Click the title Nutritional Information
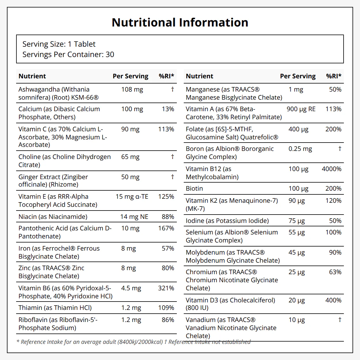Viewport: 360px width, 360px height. click(180, 22)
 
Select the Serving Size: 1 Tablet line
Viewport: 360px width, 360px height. click(59, 44)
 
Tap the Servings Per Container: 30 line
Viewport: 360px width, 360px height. click(68, 54)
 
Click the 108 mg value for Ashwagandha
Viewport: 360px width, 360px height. click(132, 90)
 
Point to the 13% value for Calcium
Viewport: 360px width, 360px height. click(168, 109)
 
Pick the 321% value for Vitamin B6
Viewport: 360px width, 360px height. click(166, 288)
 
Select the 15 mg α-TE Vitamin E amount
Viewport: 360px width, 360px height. click(132, 196)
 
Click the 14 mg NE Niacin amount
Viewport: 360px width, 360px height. click(134, 217)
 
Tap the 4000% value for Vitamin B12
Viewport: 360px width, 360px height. click(331, 169)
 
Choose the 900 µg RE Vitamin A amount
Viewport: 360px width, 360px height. click(301, 109)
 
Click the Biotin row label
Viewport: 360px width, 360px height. click(194, 189)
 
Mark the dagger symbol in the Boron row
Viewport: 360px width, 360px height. click(340, 149)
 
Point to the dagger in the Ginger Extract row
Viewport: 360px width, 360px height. click(173, 177)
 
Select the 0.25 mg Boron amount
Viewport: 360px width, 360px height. click(300, 149)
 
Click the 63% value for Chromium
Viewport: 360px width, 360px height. click(335, 272)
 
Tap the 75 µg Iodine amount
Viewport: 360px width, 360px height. click(297, 221)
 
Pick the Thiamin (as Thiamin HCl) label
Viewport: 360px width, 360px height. click(55, 308)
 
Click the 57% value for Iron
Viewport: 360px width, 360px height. click(168, 249)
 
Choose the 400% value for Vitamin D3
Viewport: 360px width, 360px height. click(333, 300)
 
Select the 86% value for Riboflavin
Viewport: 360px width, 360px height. click(168, 320)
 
